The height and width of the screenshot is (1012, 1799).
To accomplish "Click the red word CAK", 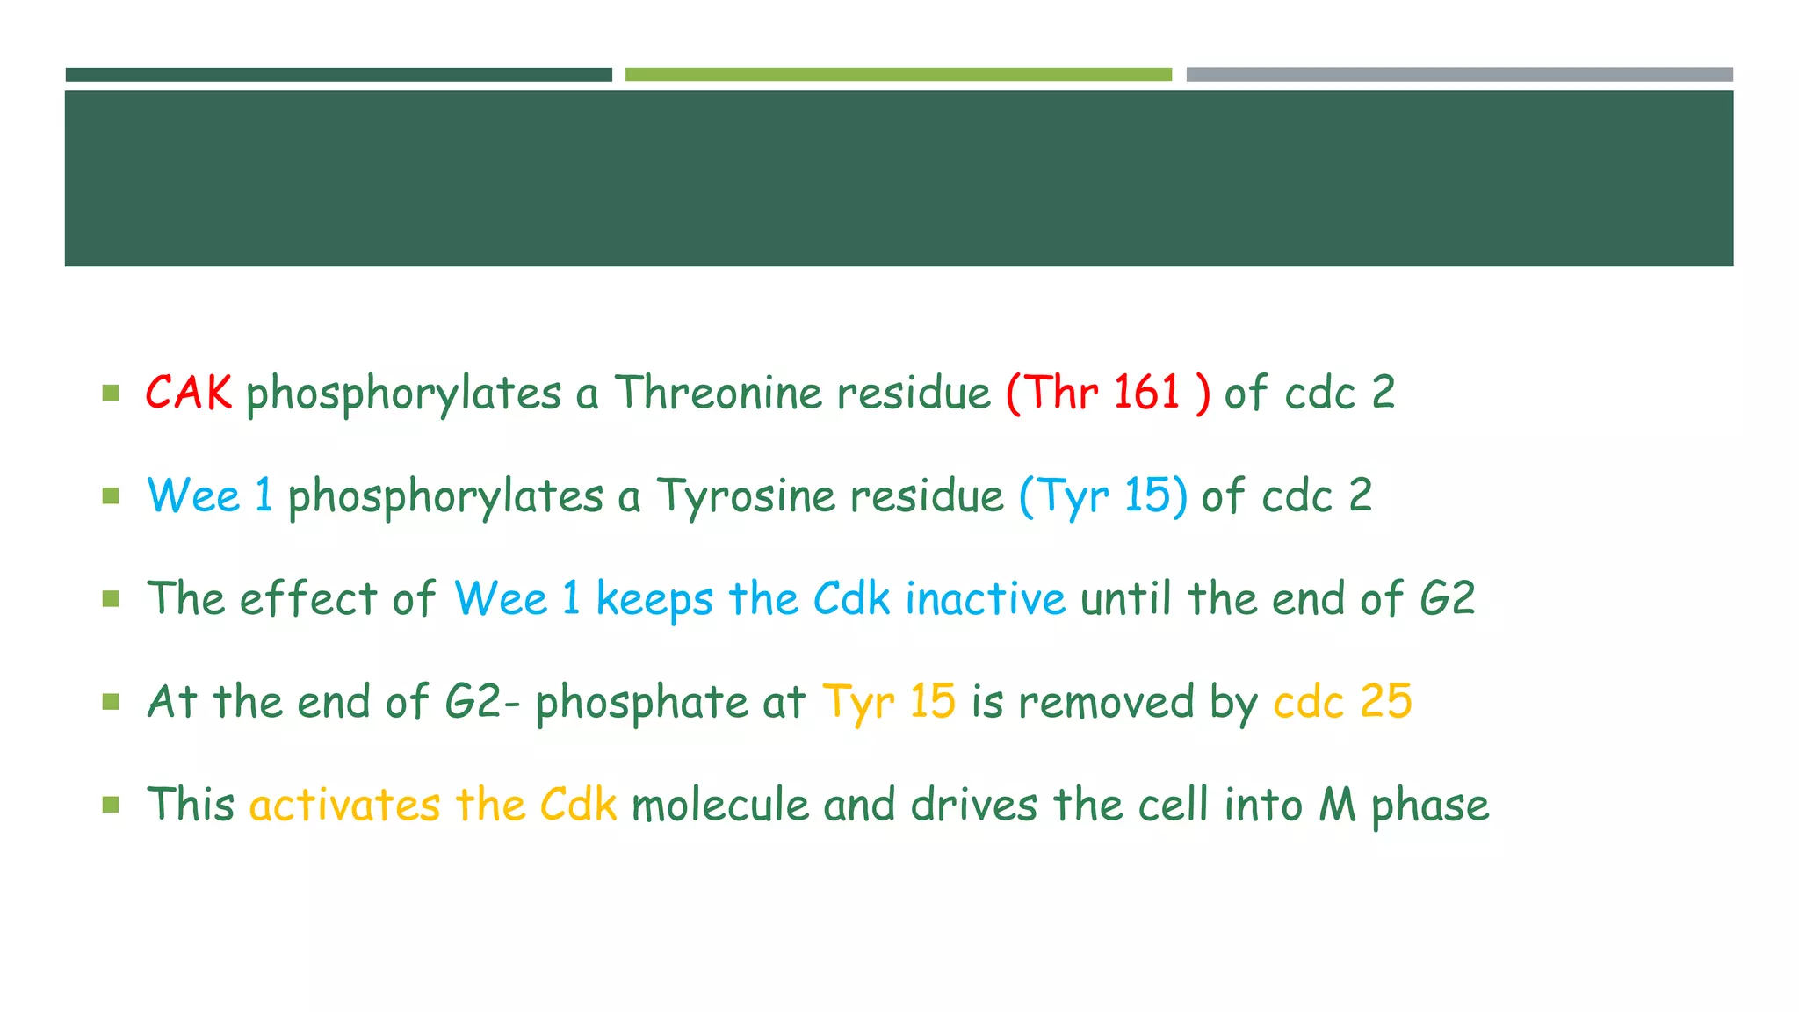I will (188, 392).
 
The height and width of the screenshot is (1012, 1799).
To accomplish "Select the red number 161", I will (1145, 392).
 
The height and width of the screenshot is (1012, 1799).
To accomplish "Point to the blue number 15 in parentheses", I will (1148, 495).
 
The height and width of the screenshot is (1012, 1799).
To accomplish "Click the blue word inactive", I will (985, 599).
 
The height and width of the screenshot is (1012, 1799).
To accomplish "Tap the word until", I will (1125, 599).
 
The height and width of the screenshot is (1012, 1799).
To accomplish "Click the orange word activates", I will (344, 805).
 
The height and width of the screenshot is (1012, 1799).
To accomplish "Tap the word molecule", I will (719, 805).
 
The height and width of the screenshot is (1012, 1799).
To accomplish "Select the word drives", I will (974, 805).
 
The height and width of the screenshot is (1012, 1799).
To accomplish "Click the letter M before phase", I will (1337, 805).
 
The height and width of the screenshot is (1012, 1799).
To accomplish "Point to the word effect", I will (308, 599).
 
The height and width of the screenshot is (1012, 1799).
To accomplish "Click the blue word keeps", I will (654, 599).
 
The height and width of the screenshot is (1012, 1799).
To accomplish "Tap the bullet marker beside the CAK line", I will (111, 393).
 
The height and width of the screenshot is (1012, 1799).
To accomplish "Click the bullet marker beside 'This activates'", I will (111, 805).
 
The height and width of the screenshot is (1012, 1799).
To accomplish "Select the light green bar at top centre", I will (898, 75).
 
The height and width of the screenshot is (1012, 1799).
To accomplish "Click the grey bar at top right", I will (1459, 75).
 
